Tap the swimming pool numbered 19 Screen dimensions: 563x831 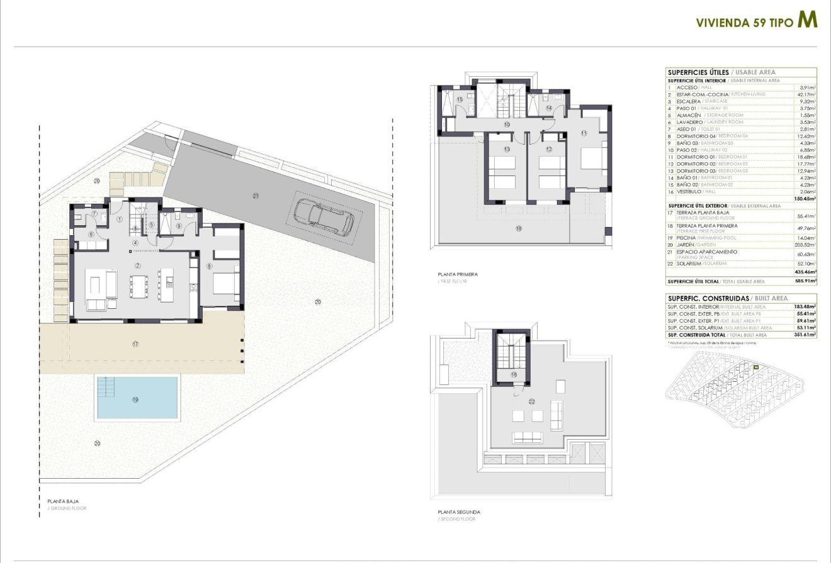tap(137, 397)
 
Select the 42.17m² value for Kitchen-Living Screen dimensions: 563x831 tap(806, 94)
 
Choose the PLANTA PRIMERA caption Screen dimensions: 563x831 tap(458, 274)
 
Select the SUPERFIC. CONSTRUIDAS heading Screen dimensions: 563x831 tap(708, 298)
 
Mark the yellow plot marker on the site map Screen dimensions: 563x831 tap(756, 367)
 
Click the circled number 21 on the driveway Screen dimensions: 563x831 tap(256, 196)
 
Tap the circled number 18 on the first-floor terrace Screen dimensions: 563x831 tap(518, 229)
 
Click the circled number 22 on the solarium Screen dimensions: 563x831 tap(532, 401)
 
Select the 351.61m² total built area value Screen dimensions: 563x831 tap(804, 335)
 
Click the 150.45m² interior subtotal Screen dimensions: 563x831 tap(804, 198)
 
